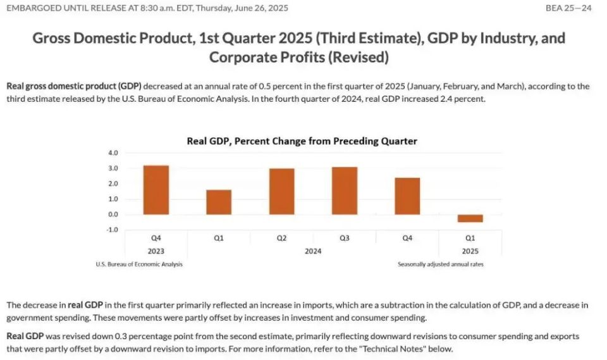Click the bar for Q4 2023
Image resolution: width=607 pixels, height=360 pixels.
click(x=156, y=190)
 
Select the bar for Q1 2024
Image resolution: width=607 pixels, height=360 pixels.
click(x=219, y=202)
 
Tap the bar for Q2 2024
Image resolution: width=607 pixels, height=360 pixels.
click(x=281, y=191)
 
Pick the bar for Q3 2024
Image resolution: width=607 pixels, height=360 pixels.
click(x=345, y=190)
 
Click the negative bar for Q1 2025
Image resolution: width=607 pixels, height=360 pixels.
click(x=470, y=218)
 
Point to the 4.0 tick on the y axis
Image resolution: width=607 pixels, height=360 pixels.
click(x=113, y=153)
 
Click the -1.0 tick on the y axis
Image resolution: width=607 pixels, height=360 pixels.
click(x=113, y=230)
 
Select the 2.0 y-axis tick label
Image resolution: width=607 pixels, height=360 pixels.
click(x=113, y=183)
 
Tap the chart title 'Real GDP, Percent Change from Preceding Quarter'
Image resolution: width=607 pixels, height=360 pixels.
click(x=302, y=140)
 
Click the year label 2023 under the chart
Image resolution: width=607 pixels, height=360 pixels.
click(x=156, y=251)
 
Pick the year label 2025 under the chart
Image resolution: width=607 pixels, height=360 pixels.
click(x=470, y=251)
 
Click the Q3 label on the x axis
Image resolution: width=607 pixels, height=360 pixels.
click(x=345, y=239)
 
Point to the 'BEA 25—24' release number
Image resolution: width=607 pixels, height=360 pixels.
click(x=568, y=8)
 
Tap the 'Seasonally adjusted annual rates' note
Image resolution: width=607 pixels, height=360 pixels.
click(x=441, y=264)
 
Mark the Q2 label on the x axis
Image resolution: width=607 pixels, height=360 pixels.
click(x=281, y=239)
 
